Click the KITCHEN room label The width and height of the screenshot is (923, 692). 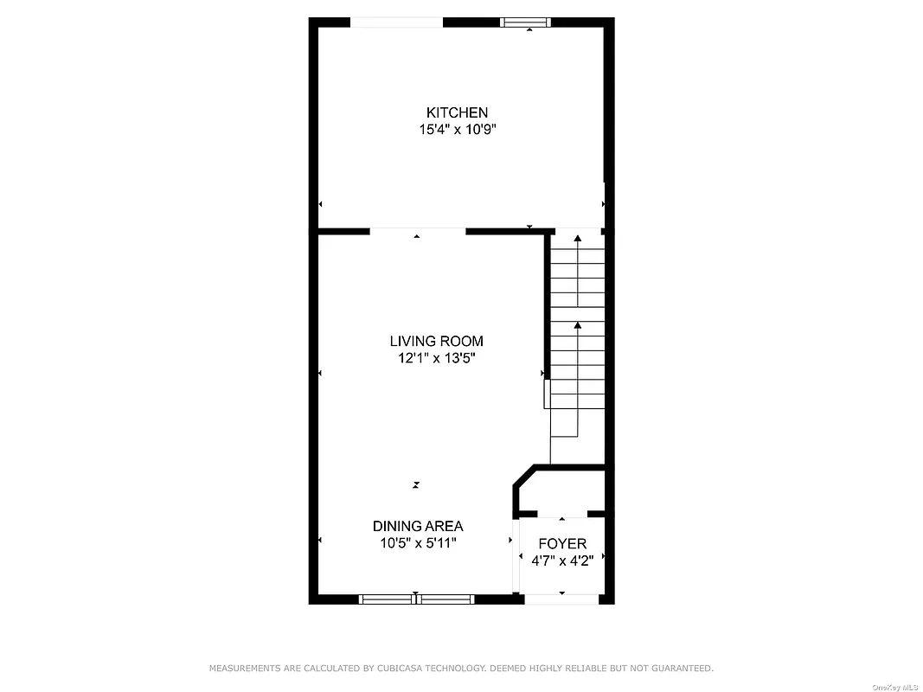(457, 112)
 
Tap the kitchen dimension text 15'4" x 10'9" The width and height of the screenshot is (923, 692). (457, 130)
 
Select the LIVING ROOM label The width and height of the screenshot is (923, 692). (436, 341)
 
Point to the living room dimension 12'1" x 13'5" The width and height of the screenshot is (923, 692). (436, 358)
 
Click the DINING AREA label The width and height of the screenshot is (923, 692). (418, 526)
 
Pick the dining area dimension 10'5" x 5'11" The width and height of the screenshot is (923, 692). (418, 543)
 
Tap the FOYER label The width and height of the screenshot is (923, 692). (562, 544)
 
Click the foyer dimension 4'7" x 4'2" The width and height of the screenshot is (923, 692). (562, 560)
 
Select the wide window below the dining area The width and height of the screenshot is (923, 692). (417, 598)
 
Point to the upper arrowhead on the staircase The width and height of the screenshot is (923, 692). (578, 238)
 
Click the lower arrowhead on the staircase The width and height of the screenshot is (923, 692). (578, 325)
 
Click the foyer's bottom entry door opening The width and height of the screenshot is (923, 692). (562, 598)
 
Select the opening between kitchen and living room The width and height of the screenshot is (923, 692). (418, 231)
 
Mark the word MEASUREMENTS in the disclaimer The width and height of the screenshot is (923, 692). (244, 669)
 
